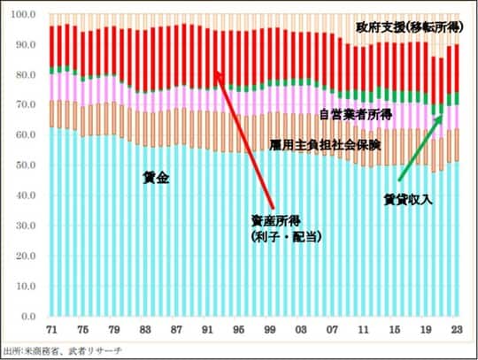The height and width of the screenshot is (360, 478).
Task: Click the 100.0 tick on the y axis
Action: (23, 15)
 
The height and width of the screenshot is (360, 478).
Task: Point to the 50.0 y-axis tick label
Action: (25, 165)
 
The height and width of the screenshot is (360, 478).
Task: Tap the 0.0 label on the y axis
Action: (27, 316)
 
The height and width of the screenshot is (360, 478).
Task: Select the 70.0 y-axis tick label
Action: (25, 105)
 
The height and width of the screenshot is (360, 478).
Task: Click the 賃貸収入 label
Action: (408, 198)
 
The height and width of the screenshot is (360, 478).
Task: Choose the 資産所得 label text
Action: (274, 222)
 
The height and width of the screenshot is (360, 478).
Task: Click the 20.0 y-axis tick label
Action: (25, 256)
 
